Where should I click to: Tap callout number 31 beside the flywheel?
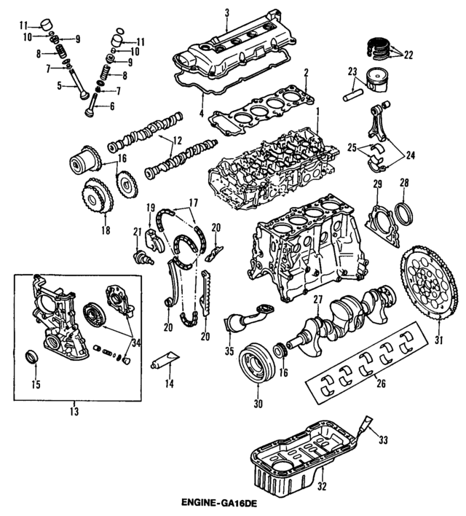coord(438,340)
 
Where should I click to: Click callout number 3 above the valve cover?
coord(226,12)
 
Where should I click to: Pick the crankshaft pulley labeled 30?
coord(255,362)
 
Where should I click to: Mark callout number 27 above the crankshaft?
coord(317,300)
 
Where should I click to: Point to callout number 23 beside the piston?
coord(352,71)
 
